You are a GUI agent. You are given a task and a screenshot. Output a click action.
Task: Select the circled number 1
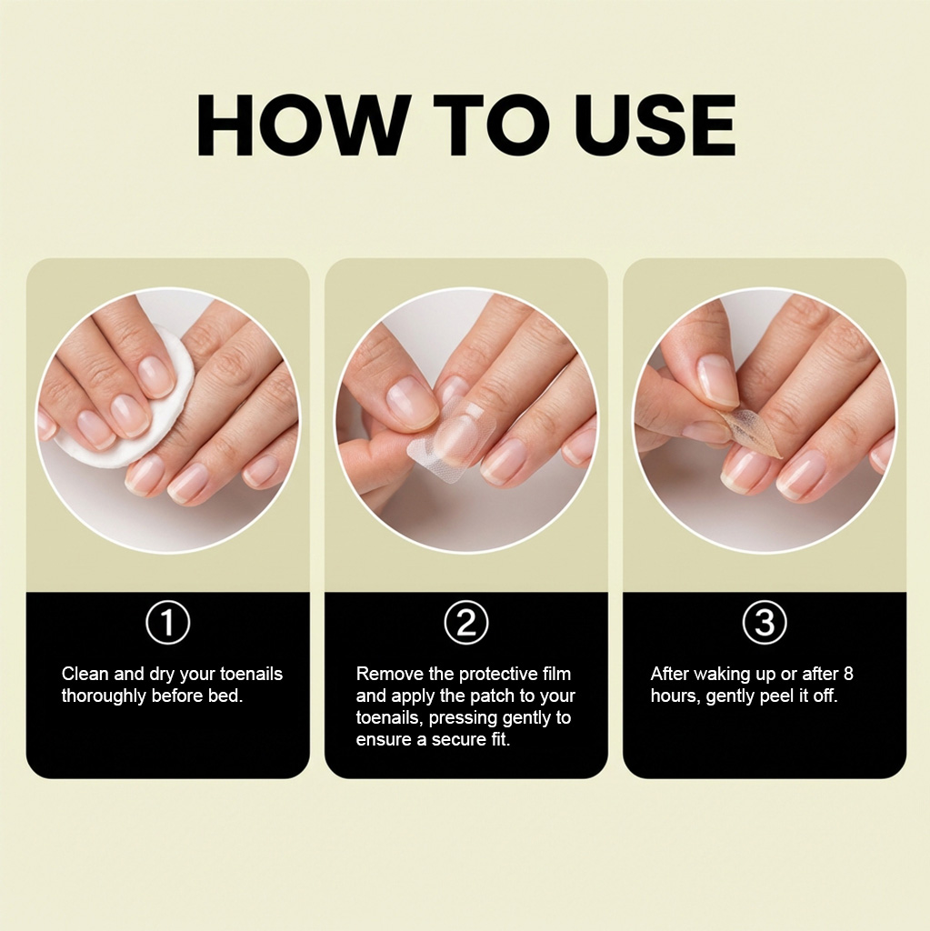pos(168,622)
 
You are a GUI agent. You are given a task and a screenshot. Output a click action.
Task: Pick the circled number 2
pos(466,622)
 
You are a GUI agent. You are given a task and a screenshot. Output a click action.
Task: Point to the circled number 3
pos(765,622)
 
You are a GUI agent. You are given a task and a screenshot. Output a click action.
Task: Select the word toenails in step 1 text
pos(251,674)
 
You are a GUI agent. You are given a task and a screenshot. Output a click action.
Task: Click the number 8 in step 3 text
pos(848,674)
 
